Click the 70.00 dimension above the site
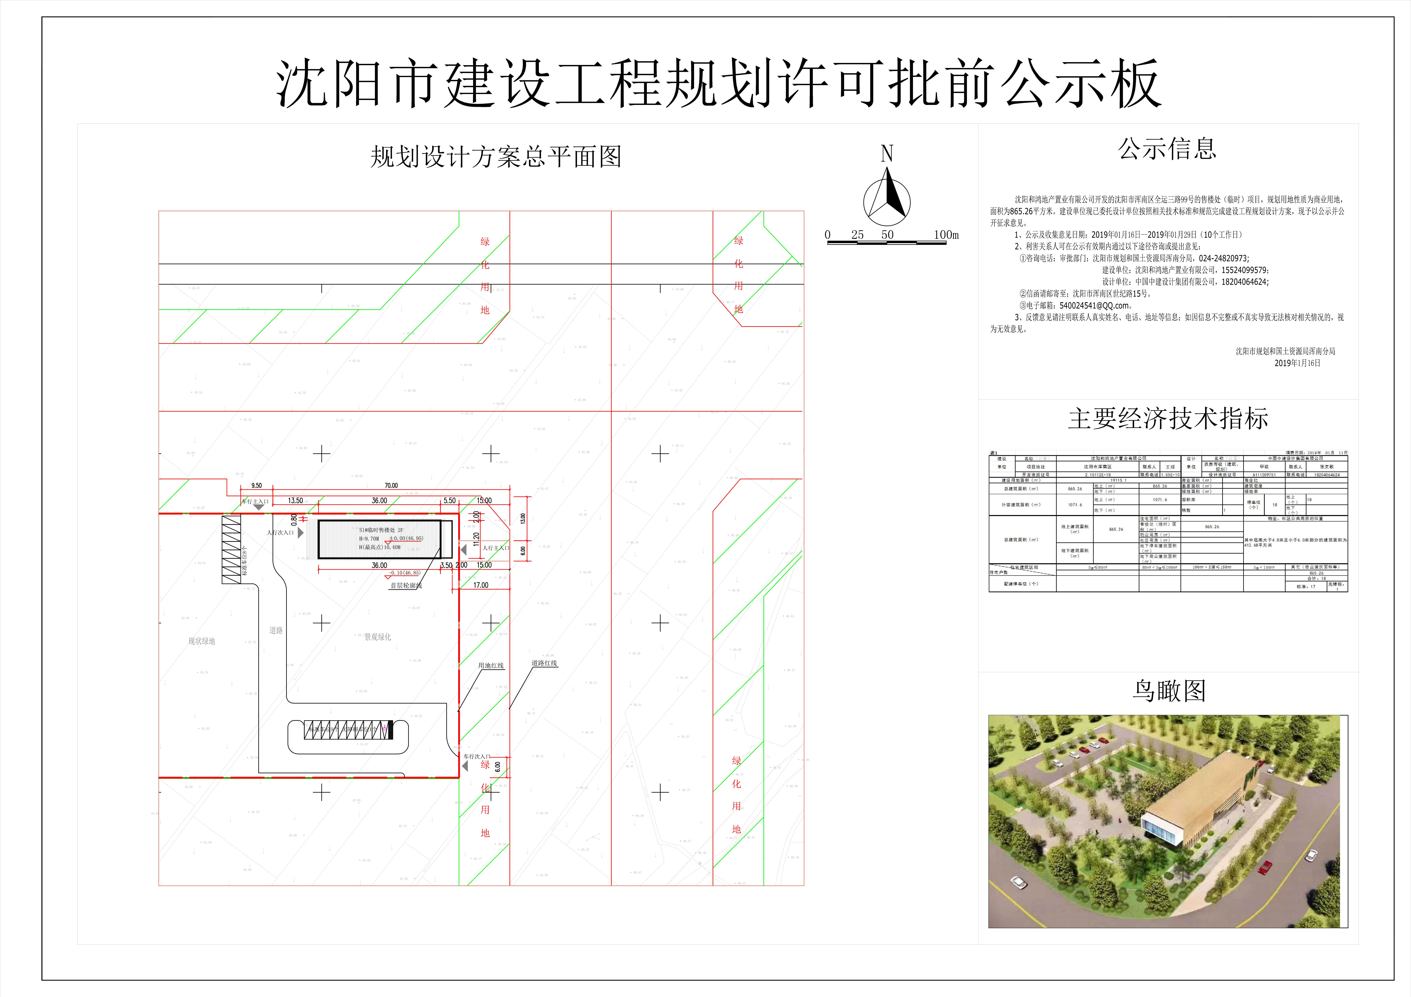391,486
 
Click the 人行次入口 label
280,532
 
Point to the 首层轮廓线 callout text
406,586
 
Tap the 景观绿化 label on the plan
377,637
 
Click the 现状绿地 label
202,641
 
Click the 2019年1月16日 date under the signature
1297,363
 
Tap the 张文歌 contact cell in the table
1327,467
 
